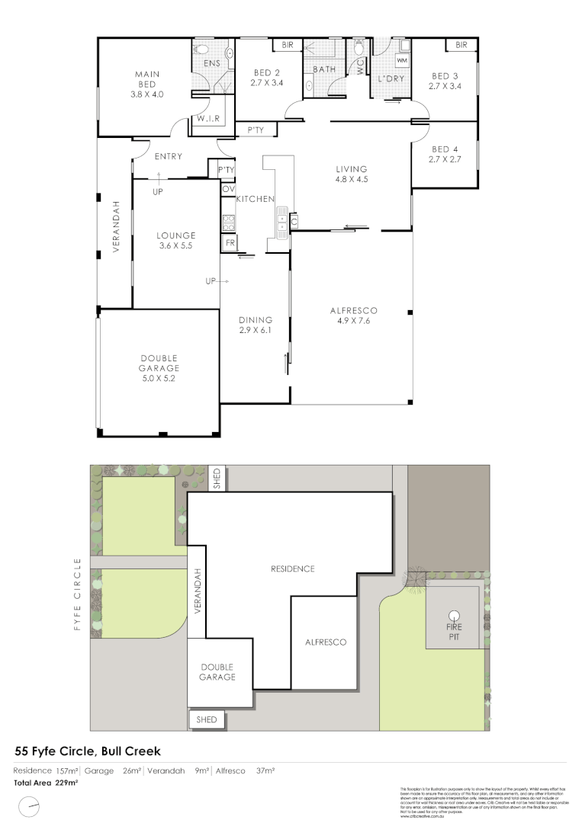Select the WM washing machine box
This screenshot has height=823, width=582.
click(x=401, y=59)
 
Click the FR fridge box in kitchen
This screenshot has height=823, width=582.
click(x=228, y=244)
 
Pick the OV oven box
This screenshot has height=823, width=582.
click(x=228, y=188)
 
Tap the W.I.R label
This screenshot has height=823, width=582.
click(x=208, y=120)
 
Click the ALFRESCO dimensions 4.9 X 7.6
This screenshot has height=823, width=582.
click(x=354, y=321)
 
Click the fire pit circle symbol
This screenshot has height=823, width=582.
click(x=454, y=616)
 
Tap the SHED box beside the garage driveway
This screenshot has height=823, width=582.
click(x=207, y=719)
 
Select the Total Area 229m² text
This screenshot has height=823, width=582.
click(x=46, y=782)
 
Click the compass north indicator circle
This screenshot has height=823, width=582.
click(x=29, y=804)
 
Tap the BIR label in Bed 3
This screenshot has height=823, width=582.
click(x=461, y=46)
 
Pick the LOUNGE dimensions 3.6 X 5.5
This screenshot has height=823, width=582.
click(x=177, y=246)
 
